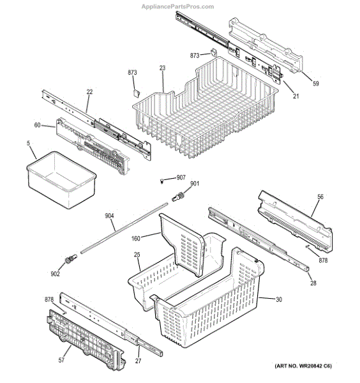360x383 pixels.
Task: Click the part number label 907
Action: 181,177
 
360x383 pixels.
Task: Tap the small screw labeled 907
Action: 161,181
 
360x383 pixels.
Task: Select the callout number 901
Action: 195,183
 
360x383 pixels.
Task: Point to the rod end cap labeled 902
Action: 71,259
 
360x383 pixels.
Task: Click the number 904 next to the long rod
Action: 109,216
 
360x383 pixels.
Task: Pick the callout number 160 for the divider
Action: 136,238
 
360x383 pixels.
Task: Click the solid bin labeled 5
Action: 61,179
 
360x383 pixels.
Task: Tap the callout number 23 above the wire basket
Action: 162,68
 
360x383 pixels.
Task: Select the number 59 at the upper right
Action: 316,84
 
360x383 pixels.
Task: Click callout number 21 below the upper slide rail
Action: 296,96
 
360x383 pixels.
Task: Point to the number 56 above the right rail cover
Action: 320,197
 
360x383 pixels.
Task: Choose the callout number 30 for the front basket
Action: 279,299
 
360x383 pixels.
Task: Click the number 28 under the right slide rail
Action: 313,283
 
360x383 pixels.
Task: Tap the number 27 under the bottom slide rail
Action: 139,361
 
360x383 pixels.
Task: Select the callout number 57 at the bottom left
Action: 61,360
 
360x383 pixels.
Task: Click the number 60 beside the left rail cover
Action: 37,125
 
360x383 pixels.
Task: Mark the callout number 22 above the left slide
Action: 89,92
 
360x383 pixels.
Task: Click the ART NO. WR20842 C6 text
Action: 303,366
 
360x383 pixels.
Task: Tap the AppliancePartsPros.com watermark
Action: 178,6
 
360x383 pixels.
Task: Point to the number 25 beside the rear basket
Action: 137,255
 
